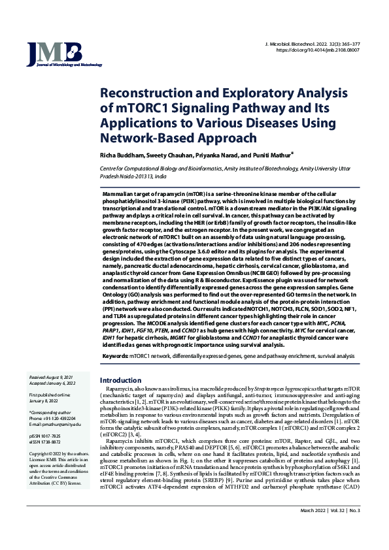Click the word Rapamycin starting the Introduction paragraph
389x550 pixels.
[x=122, y=389]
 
